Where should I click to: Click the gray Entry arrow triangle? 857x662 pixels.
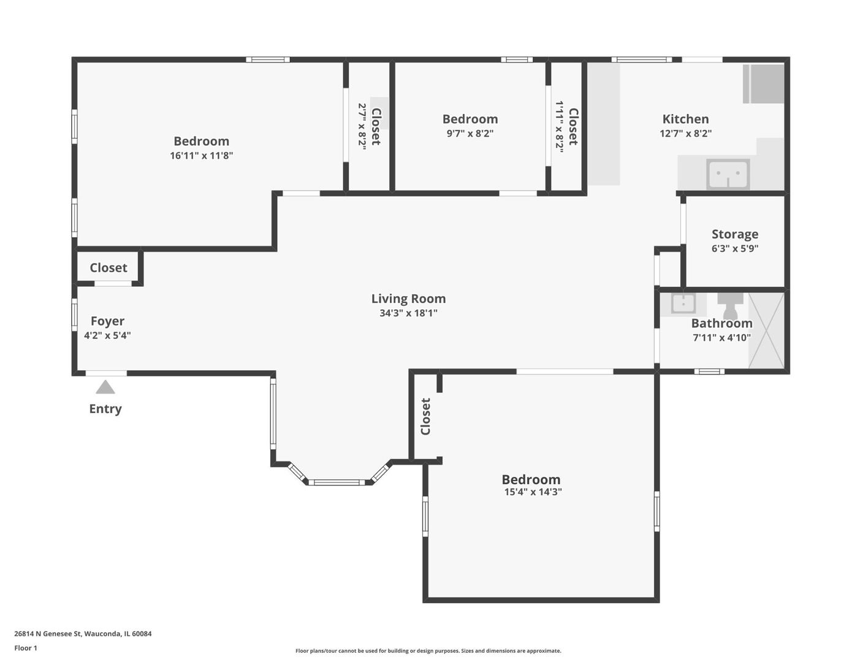click(x=105, y=387)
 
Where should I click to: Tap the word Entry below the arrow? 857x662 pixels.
click(x=105, y=409)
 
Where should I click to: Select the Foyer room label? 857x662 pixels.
click(x=107, y=321)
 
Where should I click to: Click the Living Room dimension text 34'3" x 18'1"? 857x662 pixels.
click(x=409, y=313)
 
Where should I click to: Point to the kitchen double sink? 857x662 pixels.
click(x=728, y=174)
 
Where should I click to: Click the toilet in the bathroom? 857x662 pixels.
click(x=730, y=306)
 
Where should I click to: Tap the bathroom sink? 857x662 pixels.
click(x=683, y=304)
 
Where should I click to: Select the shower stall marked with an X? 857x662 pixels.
click(x=766, y=330)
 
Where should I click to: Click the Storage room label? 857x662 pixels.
click(x=735, y=234)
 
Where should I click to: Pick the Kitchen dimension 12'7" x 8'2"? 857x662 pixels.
click(x=685, y=134)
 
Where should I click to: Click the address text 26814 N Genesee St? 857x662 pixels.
click(x=48, y=634)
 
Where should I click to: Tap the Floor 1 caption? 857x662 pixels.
click(x=26, y=648)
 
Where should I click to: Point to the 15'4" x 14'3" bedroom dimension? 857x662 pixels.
click(x=533, y=492)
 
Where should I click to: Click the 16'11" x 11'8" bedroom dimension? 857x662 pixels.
click(x=201, y=155)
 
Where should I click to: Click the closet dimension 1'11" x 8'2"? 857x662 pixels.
click(x=559, y=126)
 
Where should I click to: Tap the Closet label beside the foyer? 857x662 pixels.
click(x=109, y=268)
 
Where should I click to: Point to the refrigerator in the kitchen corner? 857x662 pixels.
click(x=764, y=83)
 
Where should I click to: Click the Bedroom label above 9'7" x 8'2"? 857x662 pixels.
click(x=470, y=119)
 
